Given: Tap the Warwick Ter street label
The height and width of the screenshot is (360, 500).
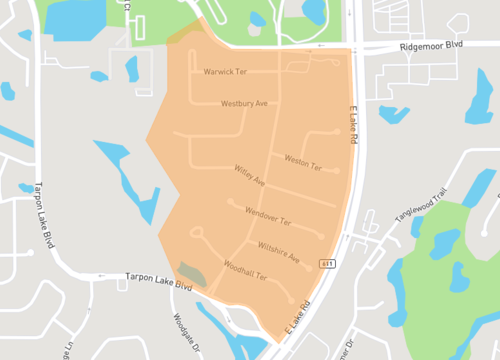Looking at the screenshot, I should click(225, 72).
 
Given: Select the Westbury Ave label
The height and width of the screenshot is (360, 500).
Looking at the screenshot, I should click(244, 103).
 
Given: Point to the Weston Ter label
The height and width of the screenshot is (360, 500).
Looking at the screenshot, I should click(301, 161).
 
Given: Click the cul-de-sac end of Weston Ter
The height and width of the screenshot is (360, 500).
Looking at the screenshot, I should click(336, 172).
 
